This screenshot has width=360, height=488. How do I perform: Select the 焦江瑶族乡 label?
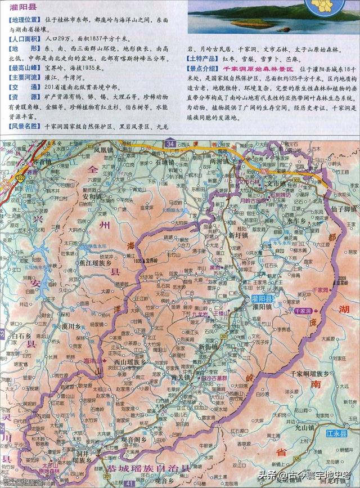[x=95, y=262]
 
